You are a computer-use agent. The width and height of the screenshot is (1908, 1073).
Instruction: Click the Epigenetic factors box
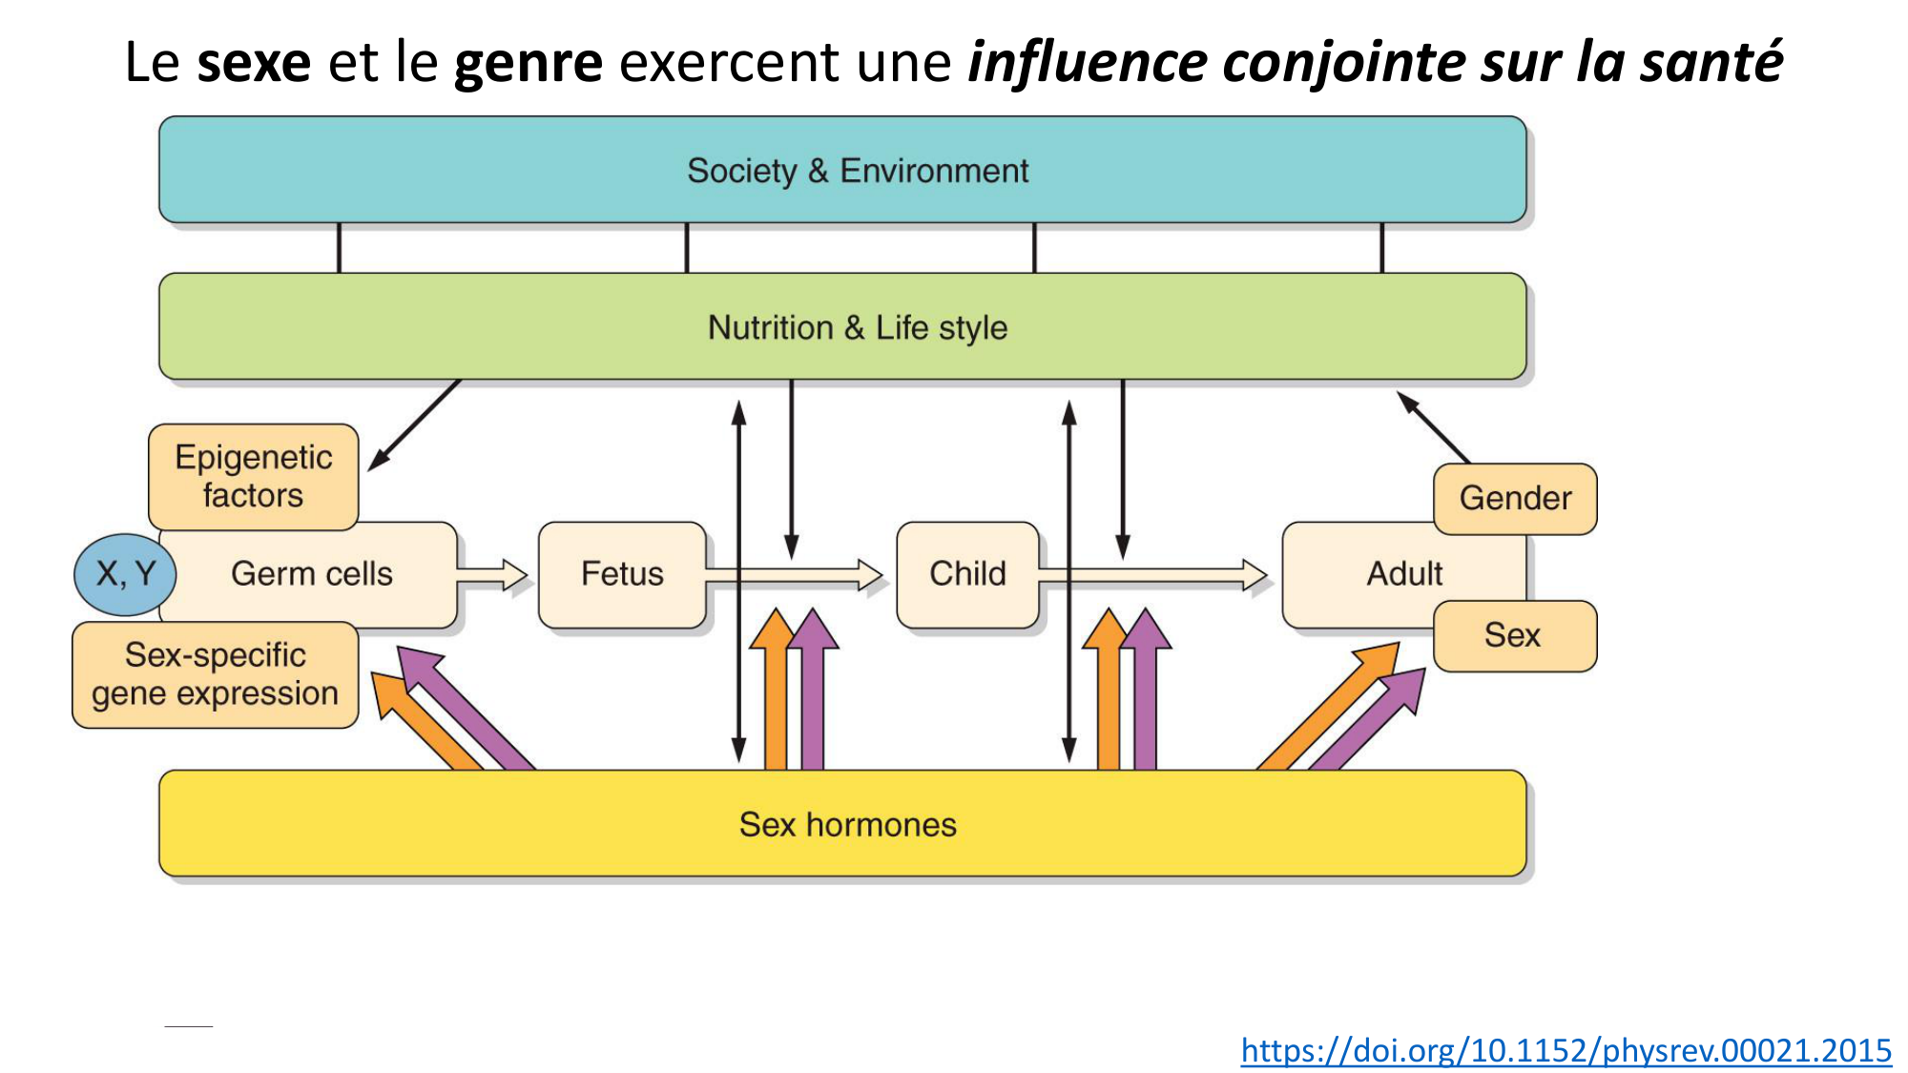tap(254, 476)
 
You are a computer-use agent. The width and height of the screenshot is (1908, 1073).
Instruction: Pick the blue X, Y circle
tap(125, 574)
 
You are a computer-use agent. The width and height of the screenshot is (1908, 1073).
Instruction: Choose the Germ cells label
tap(312, 574)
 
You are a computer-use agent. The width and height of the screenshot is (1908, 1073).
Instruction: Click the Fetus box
tap(622, 574)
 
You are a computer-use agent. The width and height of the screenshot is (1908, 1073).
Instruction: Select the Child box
tap(967, 574)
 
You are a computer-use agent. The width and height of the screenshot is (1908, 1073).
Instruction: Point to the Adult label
tap(1404, 574)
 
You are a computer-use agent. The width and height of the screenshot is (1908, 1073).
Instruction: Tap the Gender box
tap(1515, 499)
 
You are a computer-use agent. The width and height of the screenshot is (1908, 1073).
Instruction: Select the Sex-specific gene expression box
tap(216, 674)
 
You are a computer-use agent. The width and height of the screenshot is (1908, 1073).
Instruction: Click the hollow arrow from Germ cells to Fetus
tap(493, 575)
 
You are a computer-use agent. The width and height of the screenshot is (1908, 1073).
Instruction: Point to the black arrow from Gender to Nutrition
tap(1434, 427)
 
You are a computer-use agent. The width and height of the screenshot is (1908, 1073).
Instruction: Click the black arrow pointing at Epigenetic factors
tap(415, 425)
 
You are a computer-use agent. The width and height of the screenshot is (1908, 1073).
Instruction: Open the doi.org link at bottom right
tap(1566, 1050)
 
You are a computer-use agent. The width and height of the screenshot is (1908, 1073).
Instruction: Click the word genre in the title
tap(529, 63)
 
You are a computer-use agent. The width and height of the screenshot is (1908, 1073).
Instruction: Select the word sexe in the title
tap(254, 63)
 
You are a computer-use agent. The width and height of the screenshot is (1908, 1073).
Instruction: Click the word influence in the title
tap(1088, 63)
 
